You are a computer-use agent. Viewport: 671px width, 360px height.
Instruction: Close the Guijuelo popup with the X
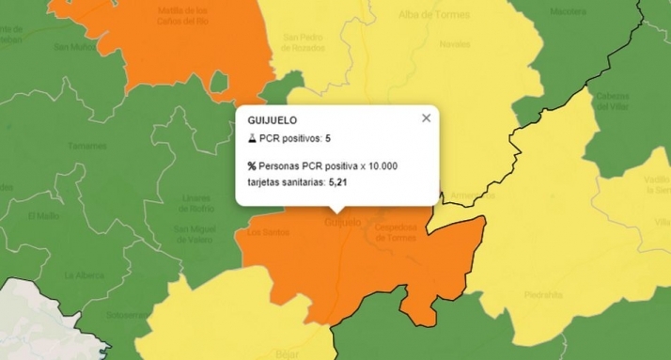point(427,117)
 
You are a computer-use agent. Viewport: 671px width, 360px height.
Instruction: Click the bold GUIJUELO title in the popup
point(273,120)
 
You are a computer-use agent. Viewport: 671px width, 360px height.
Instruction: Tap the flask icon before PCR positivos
point(252,138)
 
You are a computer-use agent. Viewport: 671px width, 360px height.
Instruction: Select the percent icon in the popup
point(252,165)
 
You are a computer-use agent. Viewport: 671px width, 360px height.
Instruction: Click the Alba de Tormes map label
point(433,15)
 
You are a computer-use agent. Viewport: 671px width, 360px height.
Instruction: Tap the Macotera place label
point(568,12)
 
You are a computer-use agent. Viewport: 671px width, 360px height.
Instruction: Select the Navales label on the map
point(454,44)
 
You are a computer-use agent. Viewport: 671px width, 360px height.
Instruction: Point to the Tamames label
point(87,146)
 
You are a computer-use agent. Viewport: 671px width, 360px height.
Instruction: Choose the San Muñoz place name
point(73,45)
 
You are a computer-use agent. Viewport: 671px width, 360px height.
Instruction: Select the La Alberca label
point(83,275)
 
